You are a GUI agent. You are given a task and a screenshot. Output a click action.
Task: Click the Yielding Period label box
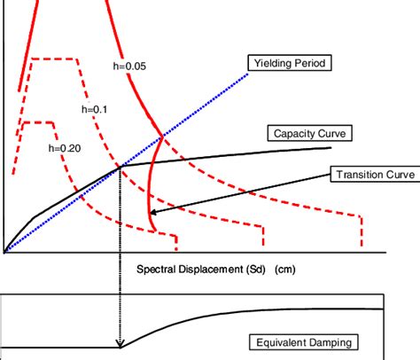click(x=290, y=63)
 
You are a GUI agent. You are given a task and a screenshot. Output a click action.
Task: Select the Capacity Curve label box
click(x=309, y=133)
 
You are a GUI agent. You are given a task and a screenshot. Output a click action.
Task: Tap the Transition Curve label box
click(x=375, y=174)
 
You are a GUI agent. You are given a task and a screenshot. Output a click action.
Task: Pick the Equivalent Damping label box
click(x=304, y=342)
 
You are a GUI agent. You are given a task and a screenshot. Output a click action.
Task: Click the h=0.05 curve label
click(x=129, y=66)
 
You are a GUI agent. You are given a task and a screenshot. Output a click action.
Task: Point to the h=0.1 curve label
click(x=95, y=109)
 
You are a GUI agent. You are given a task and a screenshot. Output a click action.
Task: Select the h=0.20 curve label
click(x=65, y=148)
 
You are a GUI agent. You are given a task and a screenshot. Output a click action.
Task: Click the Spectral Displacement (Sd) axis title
click(x=201, y=270)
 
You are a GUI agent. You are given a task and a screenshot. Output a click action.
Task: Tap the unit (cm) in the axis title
click(x=285, y=270)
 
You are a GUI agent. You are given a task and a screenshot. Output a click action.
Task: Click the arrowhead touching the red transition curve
click(x=153, y=212)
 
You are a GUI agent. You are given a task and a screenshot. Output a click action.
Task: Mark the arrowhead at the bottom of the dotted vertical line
click(x=120, y=343)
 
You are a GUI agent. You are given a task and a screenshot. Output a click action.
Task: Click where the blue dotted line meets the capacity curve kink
click(x=121, y=167)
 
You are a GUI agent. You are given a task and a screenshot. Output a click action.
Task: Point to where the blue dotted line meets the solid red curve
click(x=162, y=137)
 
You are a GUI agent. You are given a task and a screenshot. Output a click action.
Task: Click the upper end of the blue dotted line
click(x=247, y=74)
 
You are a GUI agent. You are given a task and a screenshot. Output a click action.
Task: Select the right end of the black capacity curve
click(x=331, y=147)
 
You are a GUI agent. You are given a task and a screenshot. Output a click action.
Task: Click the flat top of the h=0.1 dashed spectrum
click(x=54, y=59)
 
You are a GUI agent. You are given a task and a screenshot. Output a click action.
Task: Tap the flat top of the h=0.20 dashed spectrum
click(x=38, y=122)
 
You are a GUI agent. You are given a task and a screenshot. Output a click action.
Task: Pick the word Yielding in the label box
click(x=271, y=63)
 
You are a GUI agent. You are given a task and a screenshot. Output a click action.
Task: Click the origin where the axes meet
click(x=4, y=253)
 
